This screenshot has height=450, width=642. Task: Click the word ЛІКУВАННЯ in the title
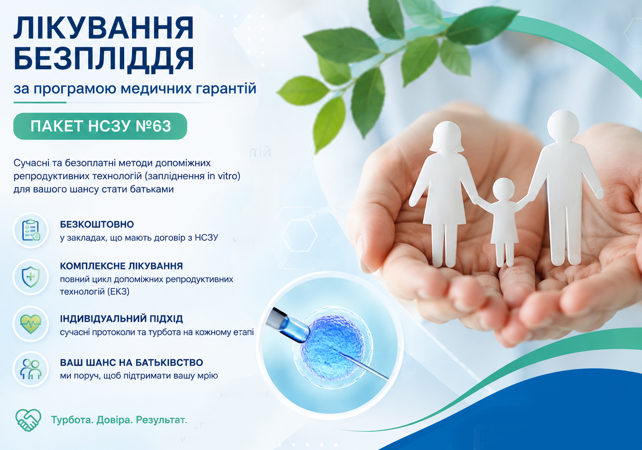point(104,28)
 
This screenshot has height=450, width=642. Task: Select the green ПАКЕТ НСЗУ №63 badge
point(100,126)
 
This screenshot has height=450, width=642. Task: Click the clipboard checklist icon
point(31,230)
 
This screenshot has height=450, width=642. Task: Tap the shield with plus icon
point(31,277)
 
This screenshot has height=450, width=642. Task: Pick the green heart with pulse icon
point(31,324)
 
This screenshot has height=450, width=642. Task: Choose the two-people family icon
point(31,369)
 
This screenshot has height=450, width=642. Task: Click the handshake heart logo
point(28,420)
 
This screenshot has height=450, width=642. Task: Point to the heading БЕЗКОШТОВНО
point(97,224)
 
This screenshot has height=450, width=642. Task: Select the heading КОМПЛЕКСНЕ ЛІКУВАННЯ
point(121,266)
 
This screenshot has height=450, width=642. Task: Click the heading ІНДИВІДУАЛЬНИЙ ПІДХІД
point(121,319)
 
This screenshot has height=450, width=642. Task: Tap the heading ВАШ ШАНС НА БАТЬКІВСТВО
point(131,362)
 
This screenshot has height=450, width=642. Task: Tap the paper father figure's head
point(563,126)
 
